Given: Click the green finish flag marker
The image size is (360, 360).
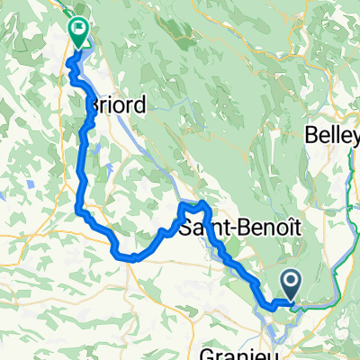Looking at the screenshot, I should pos(79,32).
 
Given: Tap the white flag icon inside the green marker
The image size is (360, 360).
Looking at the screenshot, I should pos(79,29).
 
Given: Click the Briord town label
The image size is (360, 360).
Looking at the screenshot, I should pos(114,104).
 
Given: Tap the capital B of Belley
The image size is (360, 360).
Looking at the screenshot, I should pos(312,135).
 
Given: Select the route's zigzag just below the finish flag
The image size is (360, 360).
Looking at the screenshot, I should pos(74,76).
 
